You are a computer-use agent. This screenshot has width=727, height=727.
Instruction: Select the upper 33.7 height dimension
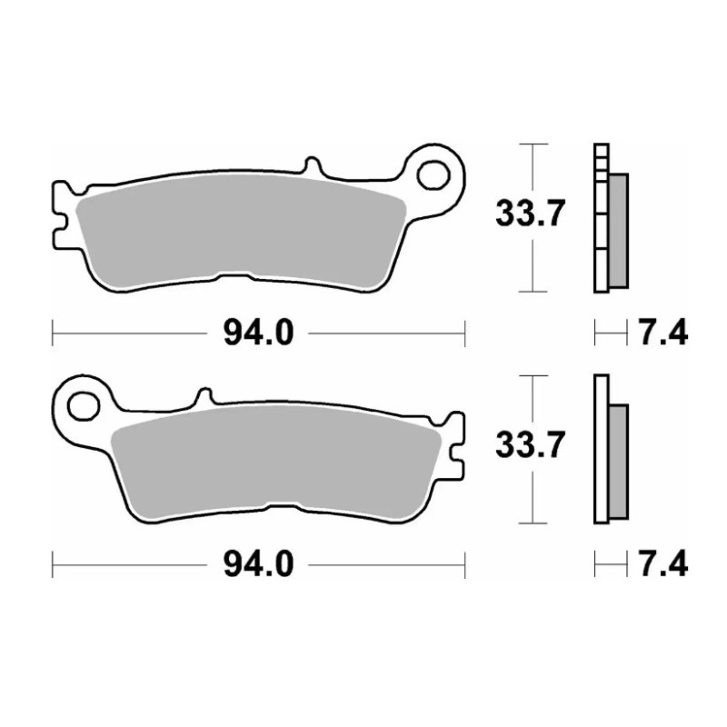click(532, 215)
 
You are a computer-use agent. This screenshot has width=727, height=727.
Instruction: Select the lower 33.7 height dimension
click(532, 446)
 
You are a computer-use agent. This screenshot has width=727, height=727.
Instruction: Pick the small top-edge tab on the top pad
click(312, 167)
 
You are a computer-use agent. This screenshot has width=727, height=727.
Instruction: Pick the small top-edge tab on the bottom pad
click(204, 397)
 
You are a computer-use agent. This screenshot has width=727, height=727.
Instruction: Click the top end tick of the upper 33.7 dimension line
click(533, 144)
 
